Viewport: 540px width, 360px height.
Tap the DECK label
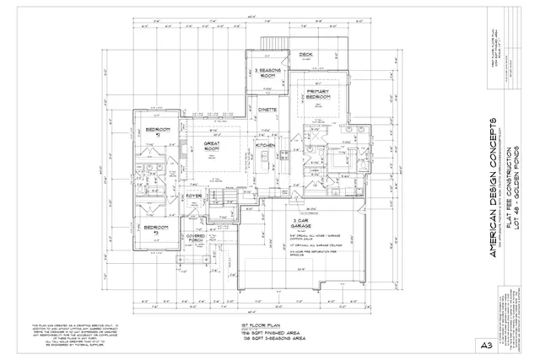305,55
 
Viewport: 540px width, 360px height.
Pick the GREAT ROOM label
212,147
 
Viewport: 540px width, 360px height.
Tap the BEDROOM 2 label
158,132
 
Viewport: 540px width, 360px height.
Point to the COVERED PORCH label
197,239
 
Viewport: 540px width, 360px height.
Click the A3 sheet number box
486,344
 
